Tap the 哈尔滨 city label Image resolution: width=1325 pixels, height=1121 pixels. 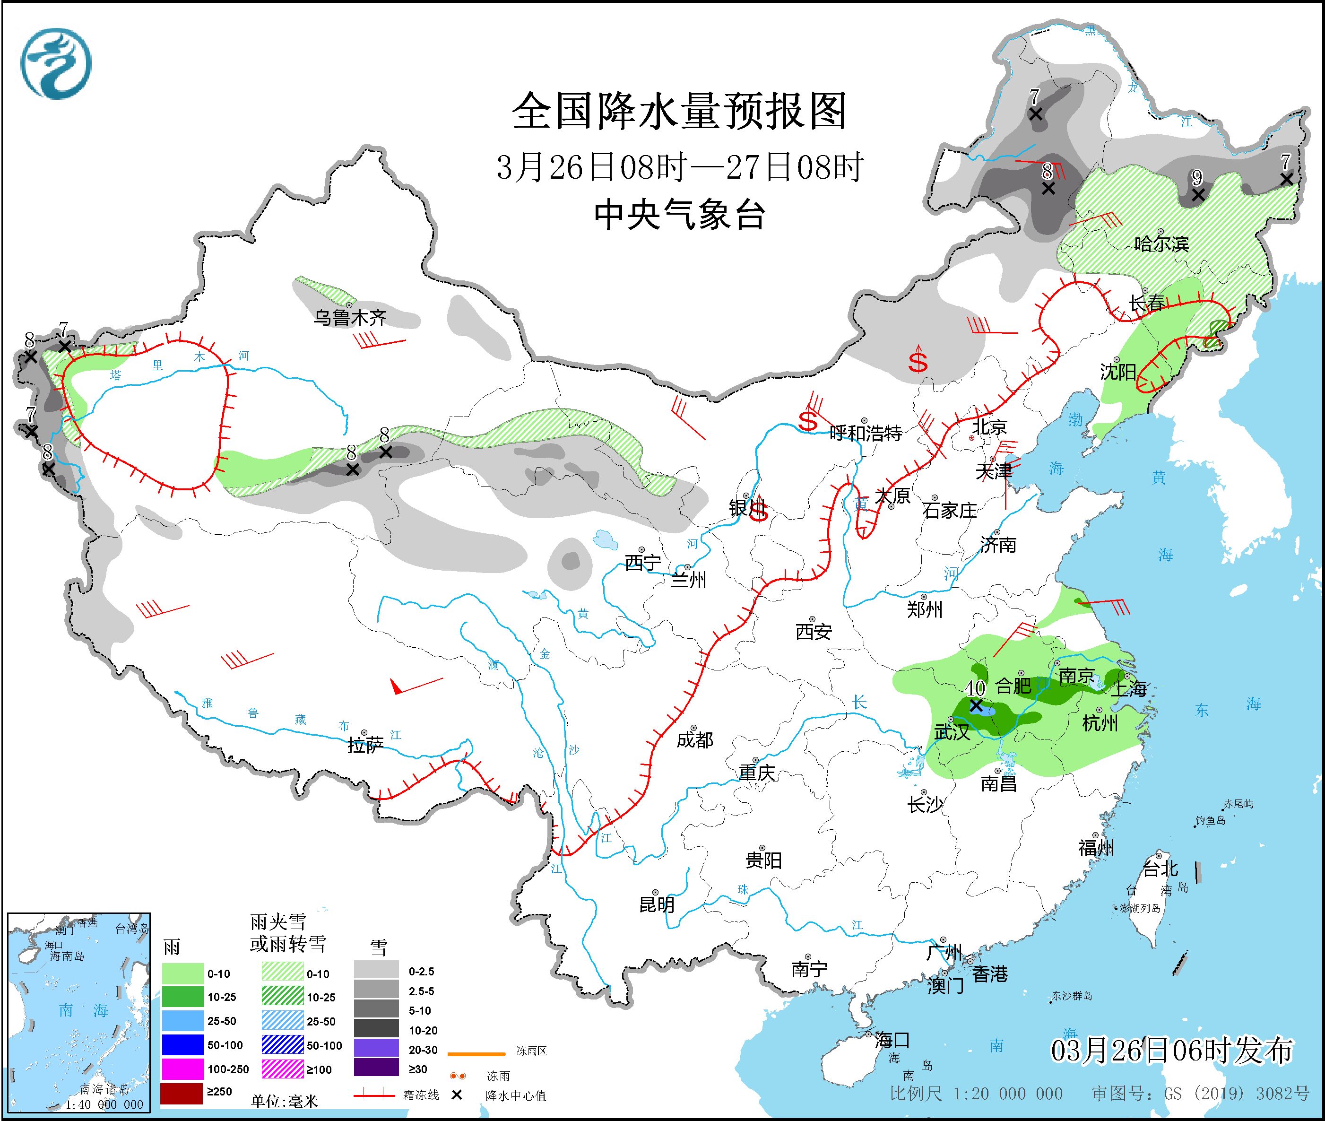(1161, 244)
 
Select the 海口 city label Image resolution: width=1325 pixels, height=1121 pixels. (892, 1040)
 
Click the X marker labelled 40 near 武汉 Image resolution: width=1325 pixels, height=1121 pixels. (976, 705)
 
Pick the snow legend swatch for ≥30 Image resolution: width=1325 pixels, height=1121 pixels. (376, 1067)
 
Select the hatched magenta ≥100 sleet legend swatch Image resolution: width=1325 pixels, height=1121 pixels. (283, 1069)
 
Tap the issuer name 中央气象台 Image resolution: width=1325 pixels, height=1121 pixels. (679, 215)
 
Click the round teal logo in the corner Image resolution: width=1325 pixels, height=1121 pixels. (56, 63)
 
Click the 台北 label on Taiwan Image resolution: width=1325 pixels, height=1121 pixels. (1160, 868)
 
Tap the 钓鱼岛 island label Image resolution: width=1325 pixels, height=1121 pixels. (1210, 820)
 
